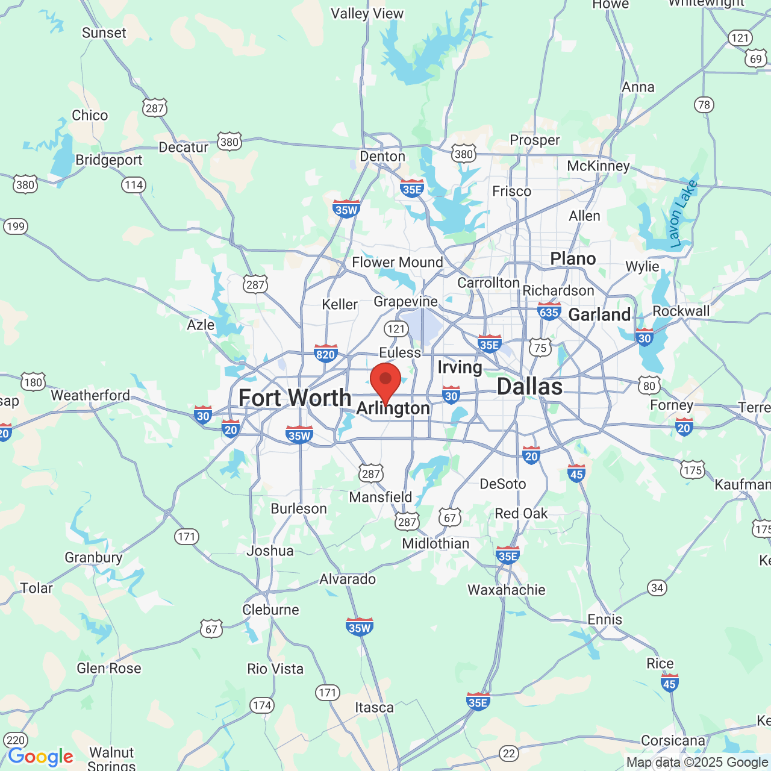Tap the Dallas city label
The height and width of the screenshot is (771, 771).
(529, 387)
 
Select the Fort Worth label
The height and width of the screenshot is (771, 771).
(295, 398)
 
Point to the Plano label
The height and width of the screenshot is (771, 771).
(573, 259)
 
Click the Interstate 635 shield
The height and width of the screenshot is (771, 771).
(549, 311)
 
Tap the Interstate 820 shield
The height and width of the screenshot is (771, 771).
(325, 354)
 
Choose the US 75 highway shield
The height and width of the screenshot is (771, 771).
(540, 348)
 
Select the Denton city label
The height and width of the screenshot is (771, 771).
(382, 157)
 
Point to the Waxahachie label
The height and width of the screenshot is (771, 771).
(507, 590)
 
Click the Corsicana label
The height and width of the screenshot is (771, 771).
(673, 740)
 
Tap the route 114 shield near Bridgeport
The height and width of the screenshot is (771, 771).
(134, 185)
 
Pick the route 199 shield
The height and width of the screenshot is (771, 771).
(15, 226)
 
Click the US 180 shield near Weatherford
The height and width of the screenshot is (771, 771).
(33, 382)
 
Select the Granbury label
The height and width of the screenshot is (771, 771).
(93, 557)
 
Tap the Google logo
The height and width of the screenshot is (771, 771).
(40, 757)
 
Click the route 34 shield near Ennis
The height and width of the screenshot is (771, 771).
(657, 588)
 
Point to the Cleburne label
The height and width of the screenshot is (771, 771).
(270, 610)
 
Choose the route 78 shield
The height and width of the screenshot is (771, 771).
(704, 105)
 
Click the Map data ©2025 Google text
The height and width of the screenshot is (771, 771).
(697, 763)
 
